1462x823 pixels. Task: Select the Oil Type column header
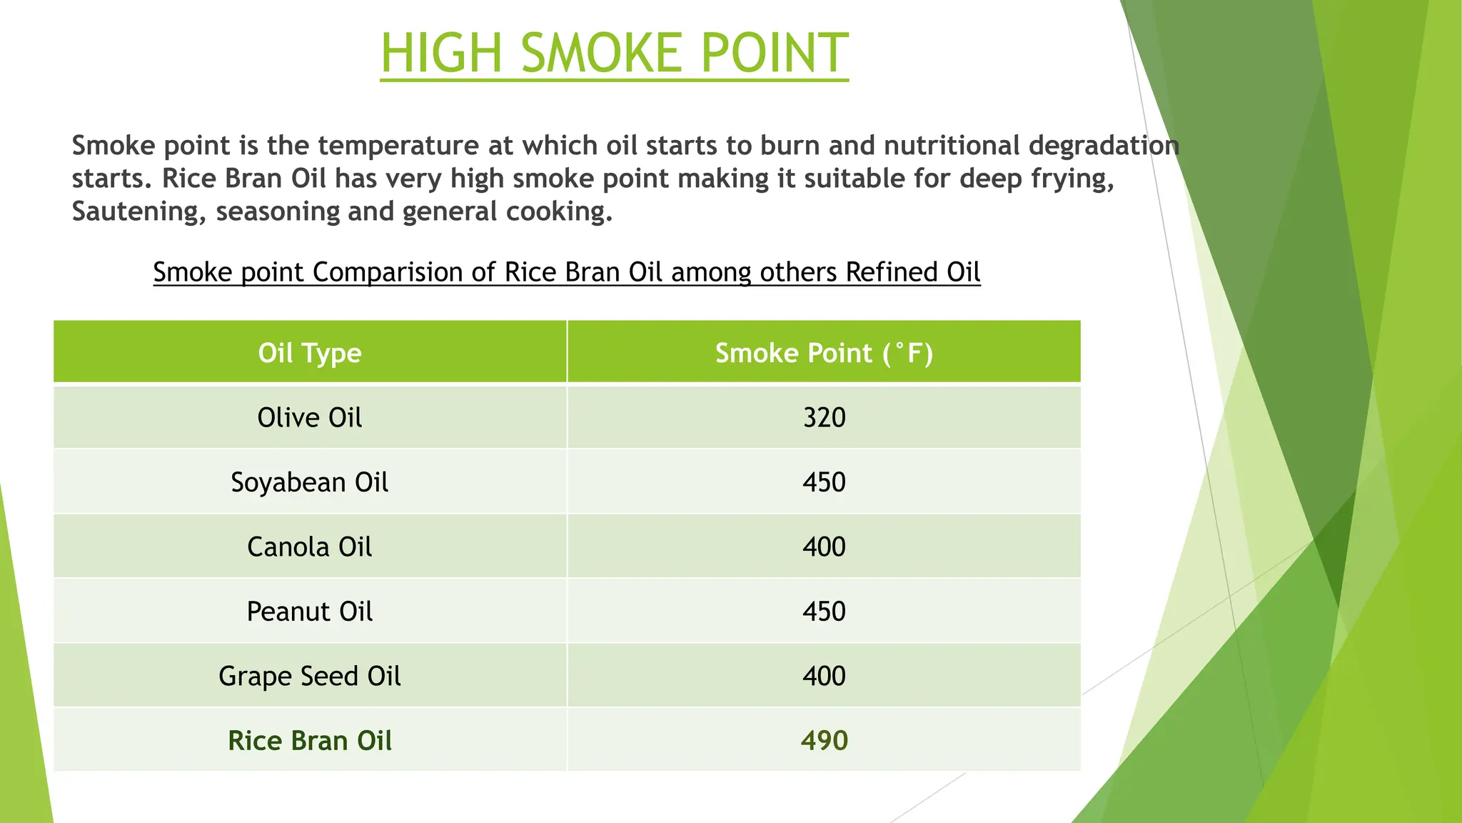coord(310,353)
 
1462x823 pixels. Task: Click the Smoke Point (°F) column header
coord(824,353)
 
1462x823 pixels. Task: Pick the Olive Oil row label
coord(310,418)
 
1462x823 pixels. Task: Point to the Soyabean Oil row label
coord(310,482)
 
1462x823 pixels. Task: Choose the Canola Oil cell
coord(310,547)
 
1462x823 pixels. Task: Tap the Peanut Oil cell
coord(310,612)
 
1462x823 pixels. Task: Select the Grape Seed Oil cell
coord(310,676)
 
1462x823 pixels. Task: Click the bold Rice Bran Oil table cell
coord(310,741)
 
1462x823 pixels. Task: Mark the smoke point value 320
coord(824,418)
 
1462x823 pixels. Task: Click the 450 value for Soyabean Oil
coord(824,482)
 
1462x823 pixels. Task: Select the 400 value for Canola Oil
coord(824,547)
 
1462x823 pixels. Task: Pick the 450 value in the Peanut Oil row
coord(824,612)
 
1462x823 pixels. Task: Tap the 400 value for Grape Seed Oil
coord(824,676)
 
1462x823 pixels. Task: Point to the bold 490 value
coord(824,741)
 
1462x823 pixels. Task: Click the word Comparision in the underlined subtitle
coord(403,272)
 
